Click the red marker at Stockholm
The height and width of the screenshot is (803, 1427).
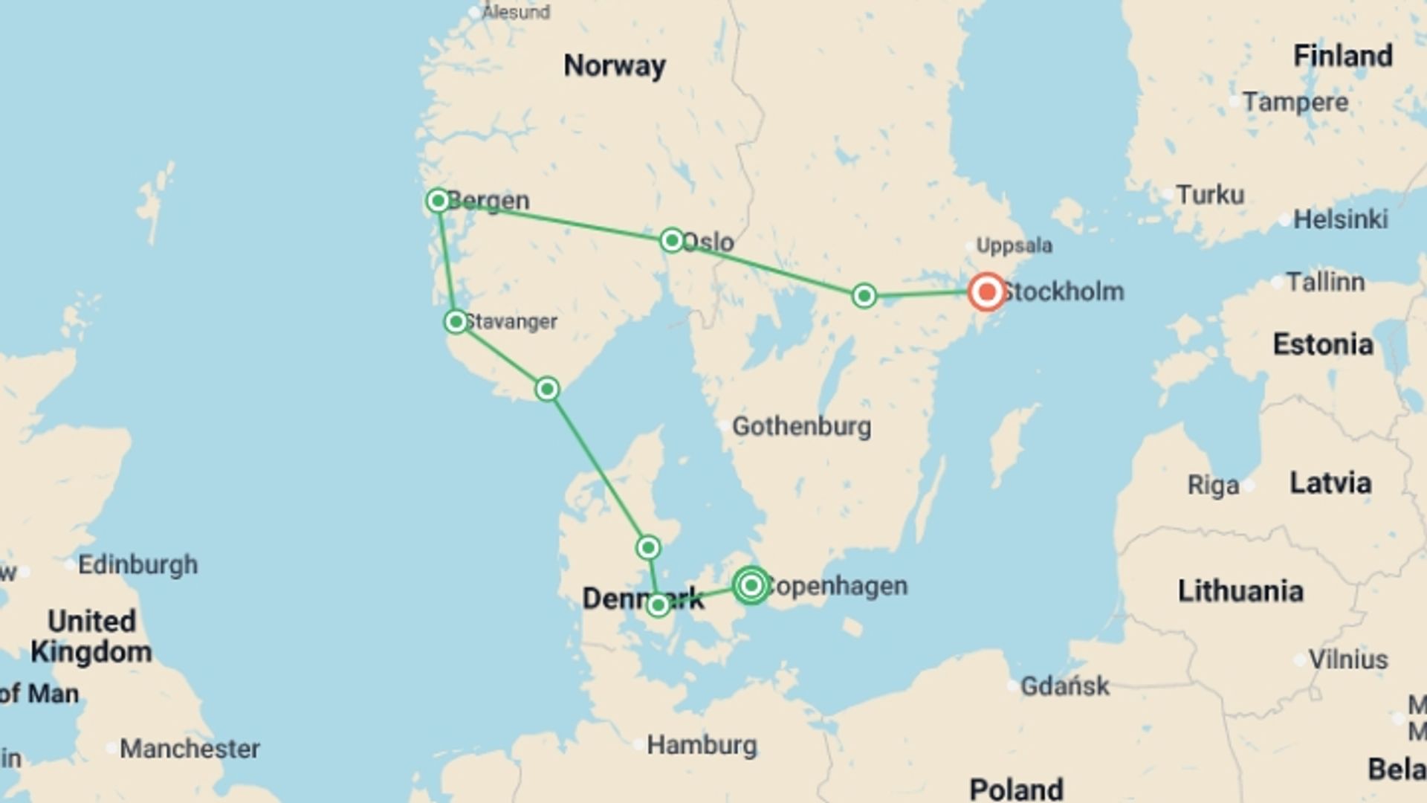pos(986,291)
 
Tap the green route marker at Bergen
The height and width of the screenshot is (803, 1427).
pos(438,201)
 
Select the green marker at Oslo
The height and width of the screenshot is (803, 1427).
pos(672,240)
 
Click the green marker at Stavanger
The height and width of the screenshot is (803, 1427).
pos(456,322)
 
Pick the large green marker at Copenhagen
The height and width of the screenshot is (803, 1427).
pos(751,586)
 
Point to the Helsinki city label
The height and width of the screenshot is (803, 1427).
pos(1340,219)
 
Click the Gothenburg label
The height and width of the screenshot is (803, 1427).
pos(801,427)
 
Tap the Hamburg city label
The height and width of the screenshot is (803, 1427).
pos(702,745)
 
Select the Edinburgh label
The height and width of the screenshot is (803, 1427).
pos(137,565)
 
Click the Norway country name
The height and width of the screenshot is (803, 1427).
pos(614,66)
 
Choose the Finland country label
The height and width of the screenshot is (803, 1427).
pos(1342,56)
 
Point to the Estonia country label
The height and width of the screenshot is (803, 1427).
pos(1323,345)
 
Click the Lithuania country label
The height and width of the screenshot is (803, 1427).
pos(1240,592)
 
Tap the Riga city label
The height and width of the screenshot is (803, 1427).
pos(1213,486)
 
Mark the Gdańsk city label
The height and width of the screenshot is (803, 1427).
pos(1064,686)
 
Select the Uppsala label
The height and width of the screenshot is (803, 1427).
pos(1014,245)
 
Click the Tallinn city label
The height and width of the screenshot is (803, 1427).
pos(1325,283)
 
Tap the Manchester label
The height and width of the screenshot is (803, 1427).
pos(190,749)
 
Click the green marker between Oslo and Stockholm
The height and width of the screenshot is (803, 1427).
pos(864,296)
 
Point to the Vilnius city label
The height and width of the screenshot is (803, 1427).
pos(1347,660)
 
